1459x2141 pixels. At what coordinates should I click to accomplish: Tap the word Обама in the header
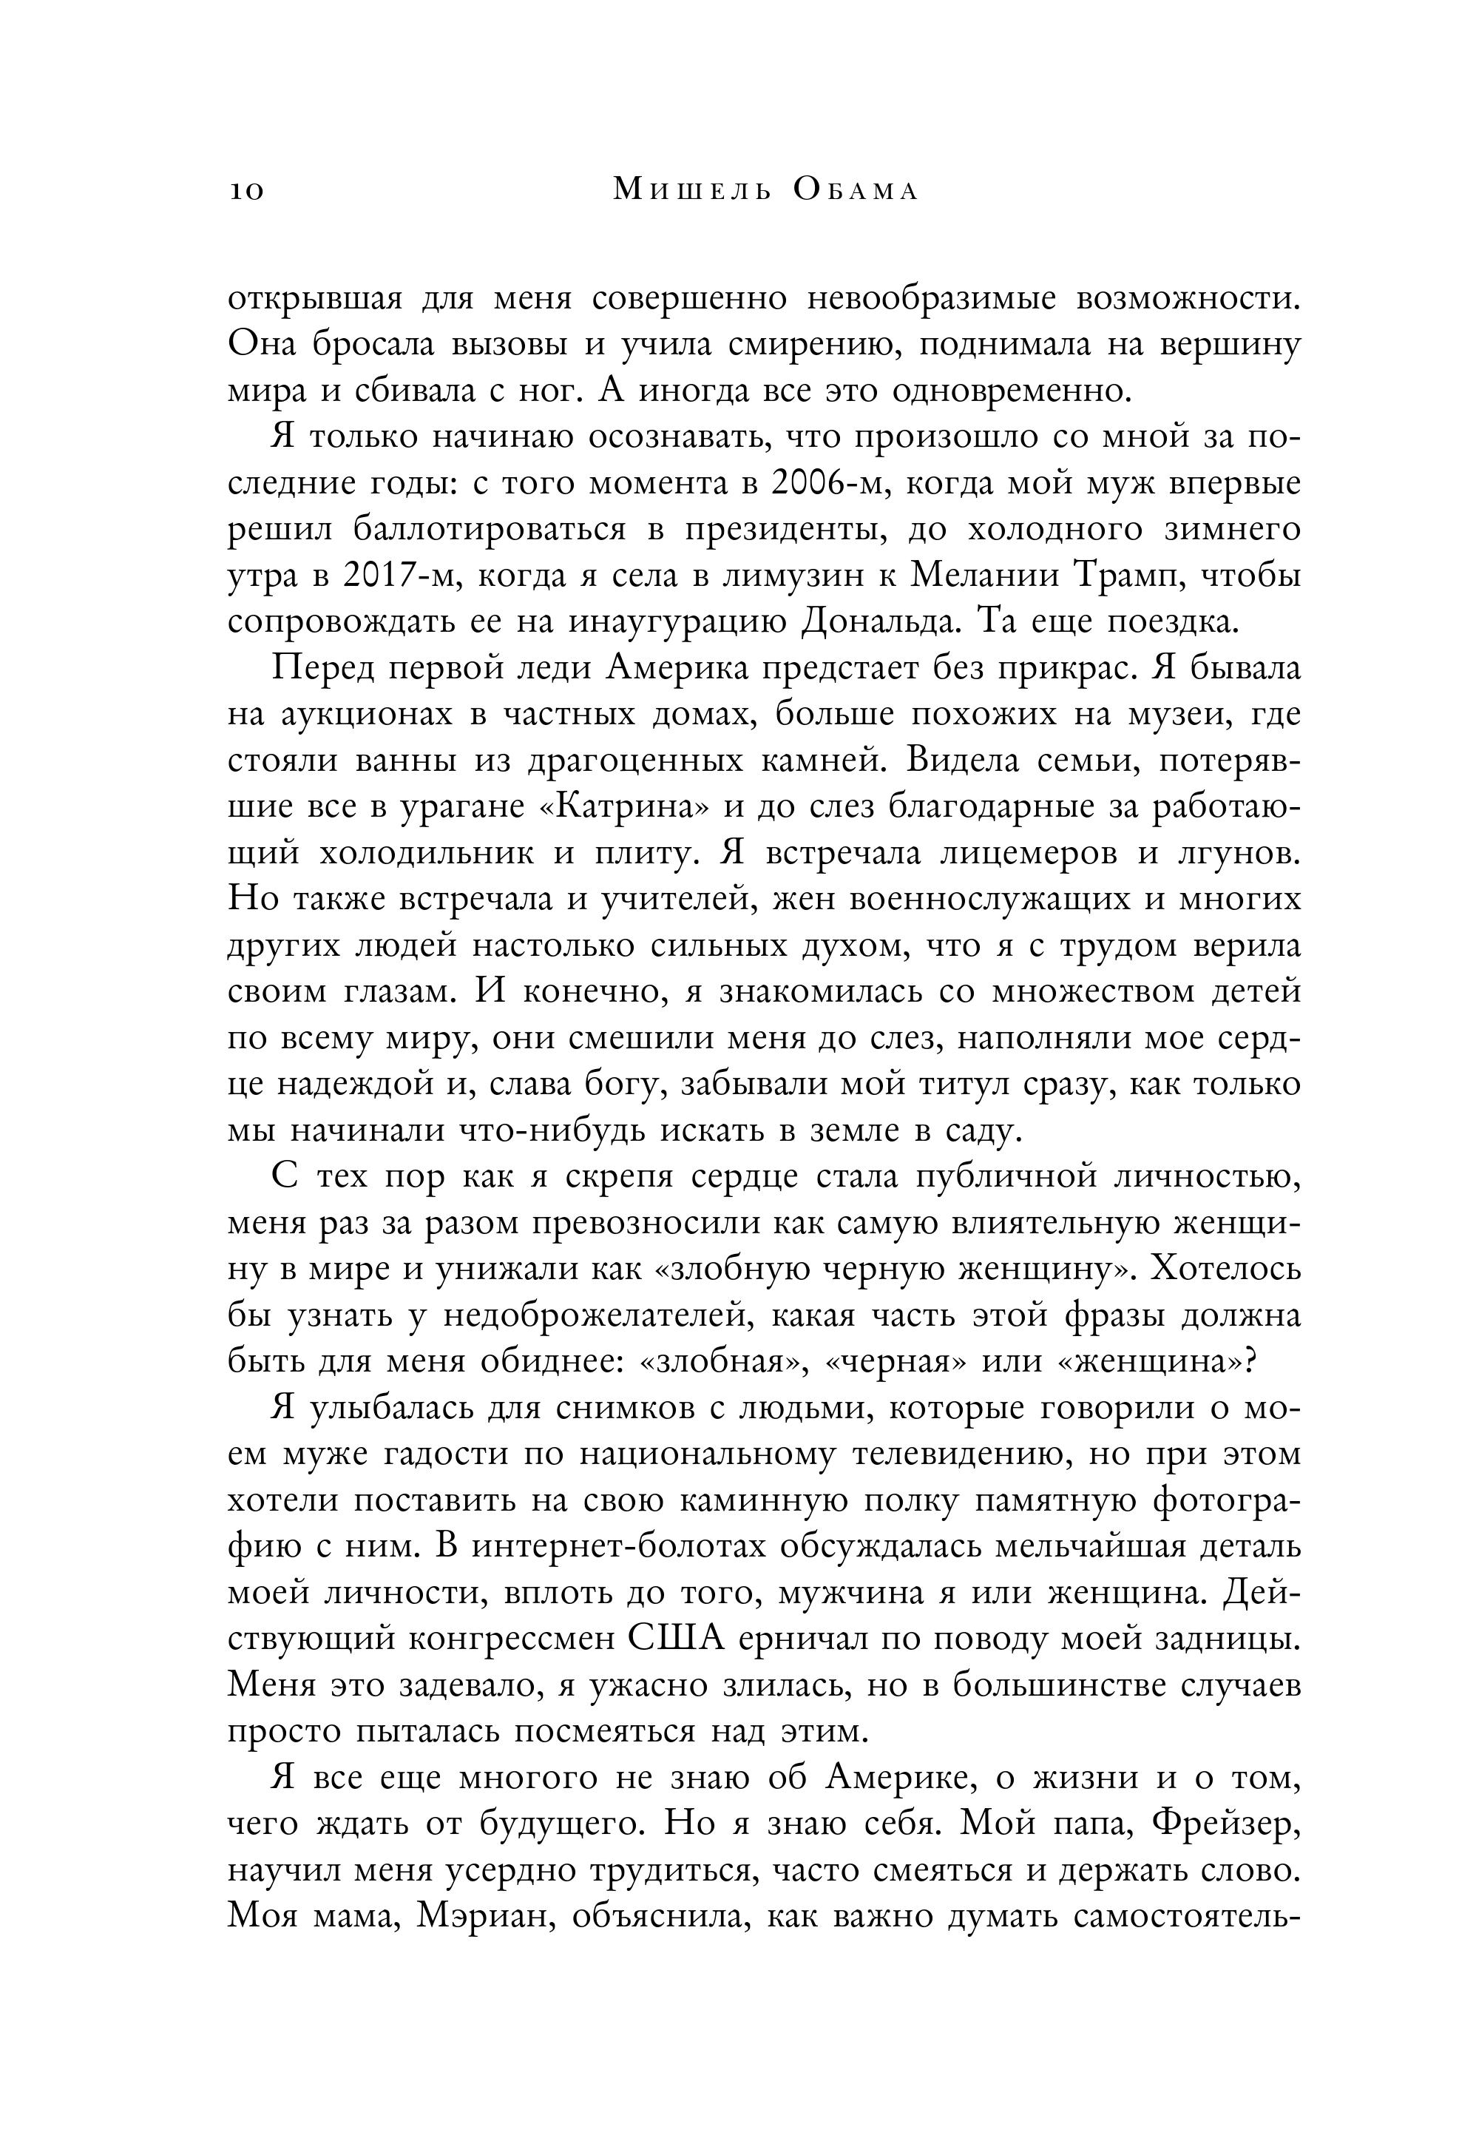(855, 190)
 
